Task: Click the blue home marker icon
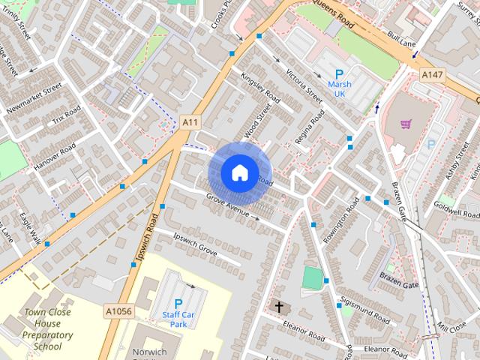239,173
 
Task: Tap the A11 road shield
190,121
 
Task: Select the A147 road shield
431,75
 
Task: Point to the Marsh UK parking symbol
339,74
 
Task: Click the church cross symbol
279,307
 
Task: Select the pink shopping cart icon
406,124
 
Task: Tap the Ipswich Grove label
195,245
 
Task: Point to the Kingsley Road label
260,88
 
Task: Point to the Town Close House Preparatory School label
48,329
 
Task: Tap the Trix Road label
66,116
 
